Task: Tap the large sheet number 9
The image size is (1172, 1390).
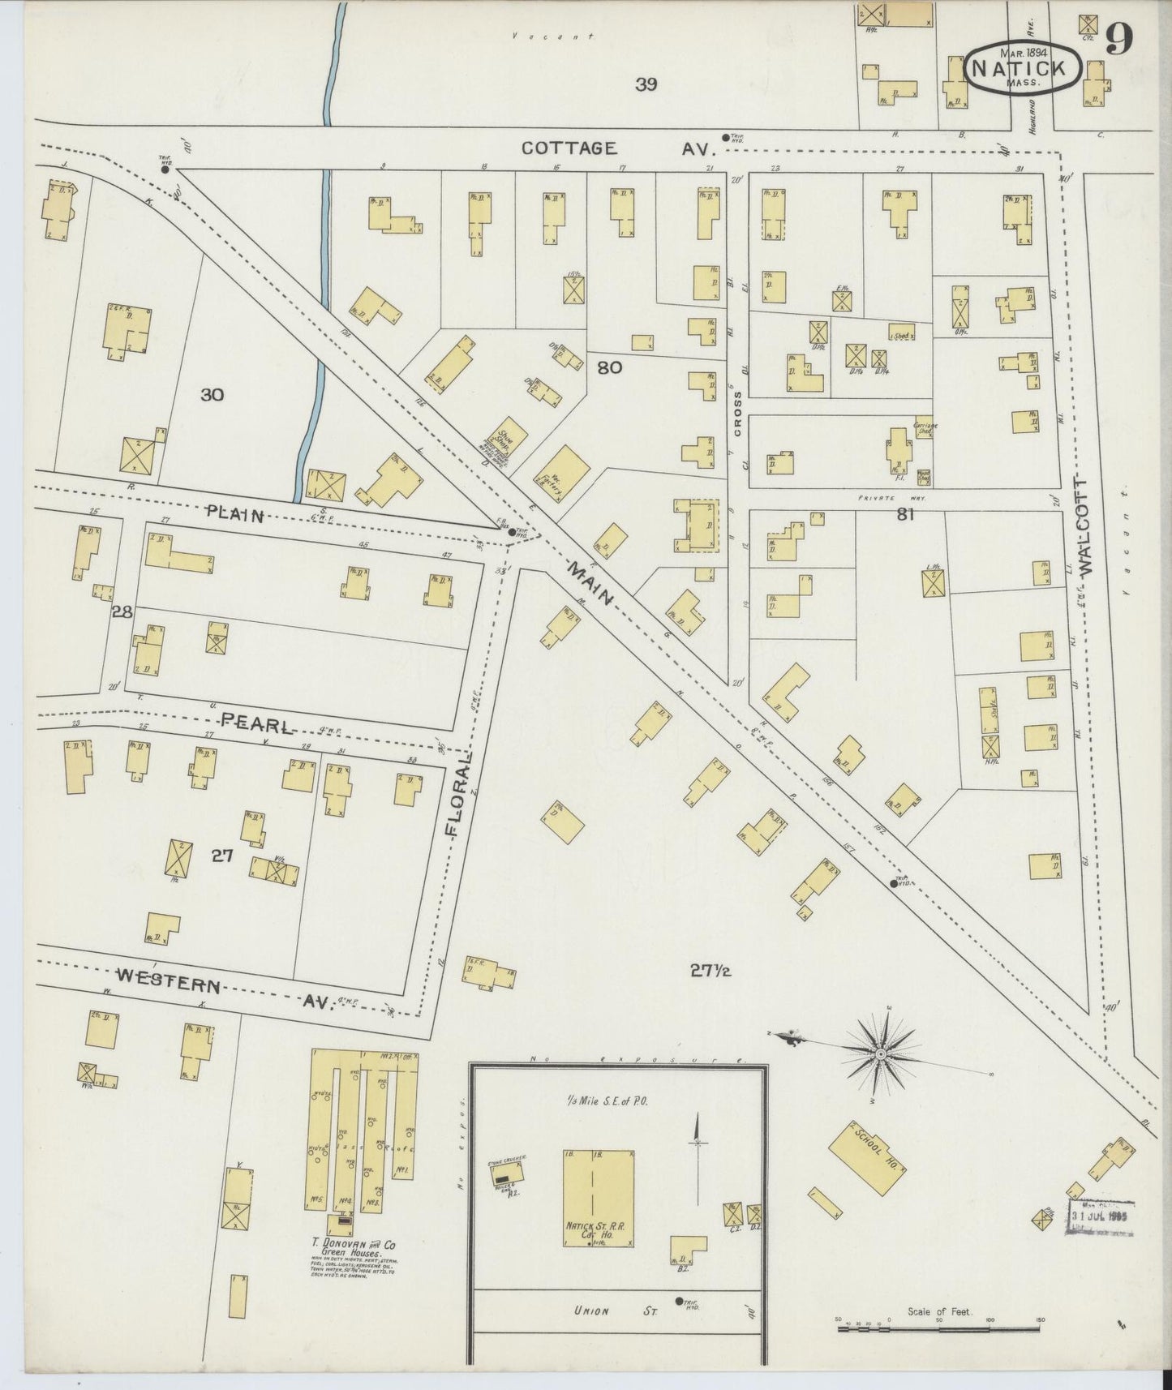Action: pos(1118,39)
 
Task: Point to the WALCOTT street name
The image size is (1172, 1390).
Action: pos(1087,523)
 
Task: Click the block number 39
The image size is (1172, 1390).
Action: pos(646,84)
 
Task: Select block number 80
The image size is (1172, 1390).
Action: pos(609,367)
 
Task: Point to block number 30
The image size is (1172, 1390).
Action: pos(212,395)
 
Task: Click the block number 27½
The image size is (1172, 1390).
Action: pos(710,969)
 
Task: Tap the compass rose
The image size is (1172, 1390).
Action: pos(880,1053)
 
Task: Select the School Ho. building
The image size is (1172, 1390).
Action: pos(866,1157)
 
